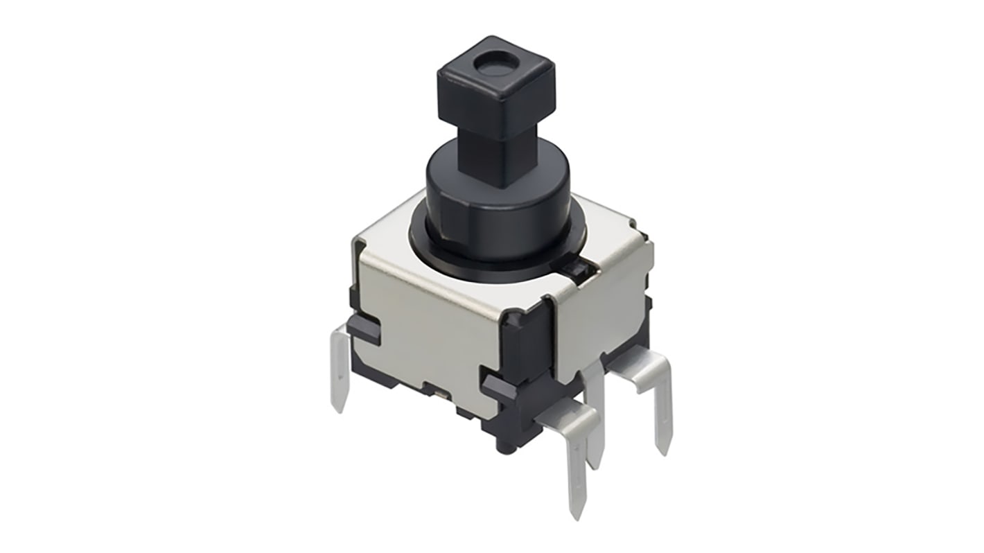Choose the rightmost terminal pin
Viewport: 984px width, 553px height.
coord(662,416)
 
